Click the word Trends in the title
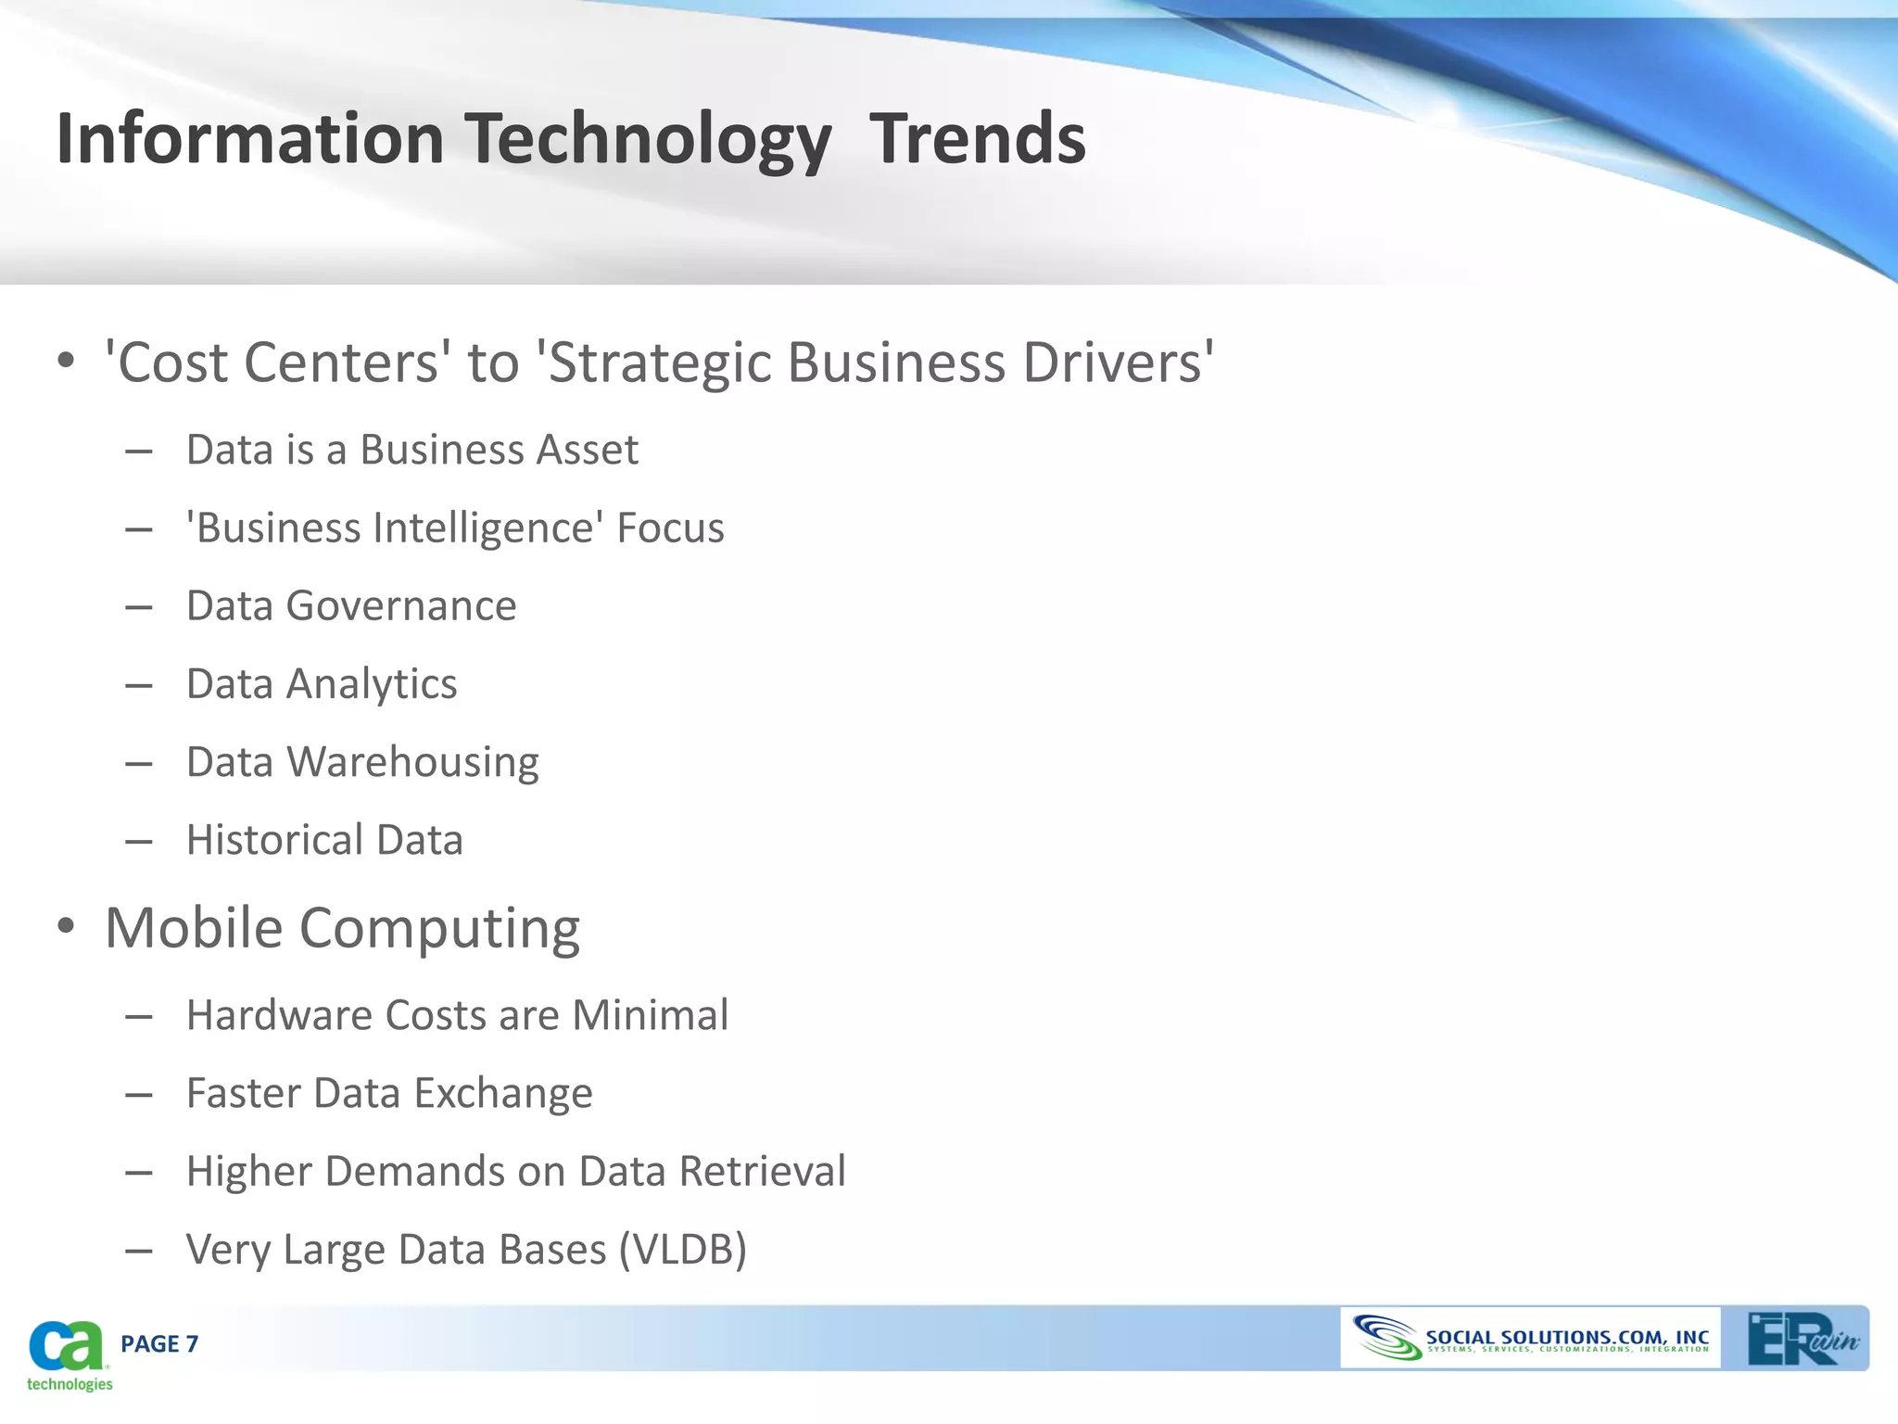point(977,139)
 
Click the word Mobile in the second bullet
point(194,928)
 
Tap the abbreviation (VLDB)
point(682,1250)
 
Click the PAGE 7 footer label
point(159,1344)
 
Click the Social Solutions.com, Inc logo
point(1529,1339)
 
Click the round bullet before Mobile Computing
point(65,926)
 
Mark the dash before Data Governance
point(139,608)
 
